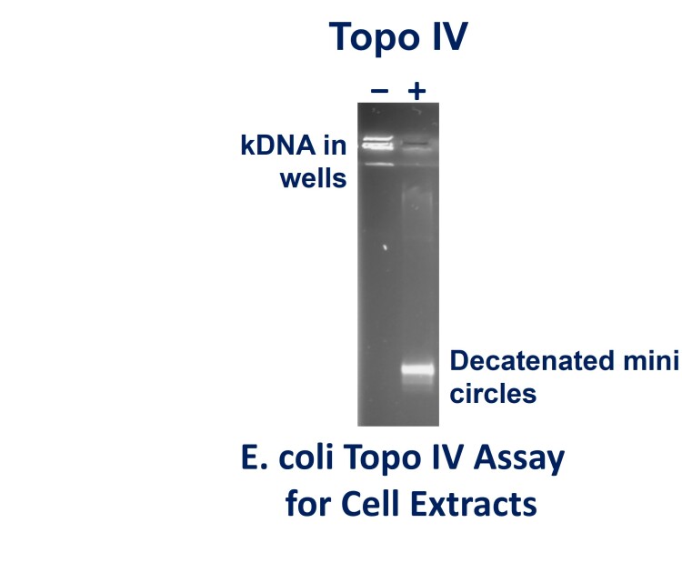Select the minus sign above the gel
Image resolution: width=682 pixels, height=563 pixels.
[379, 90]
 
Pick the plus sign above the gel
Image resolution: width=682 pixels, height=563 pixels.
[417, 90]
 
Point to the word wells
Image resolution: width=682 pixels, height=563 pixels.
[313, 177]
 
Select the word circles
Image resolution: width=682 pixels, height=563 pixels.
[493, 394]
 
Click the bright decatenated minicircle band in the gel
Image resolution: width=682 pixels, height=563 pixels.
[418, 369]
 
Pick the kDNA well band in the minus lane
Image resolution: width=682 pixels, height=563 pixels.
[378, 143]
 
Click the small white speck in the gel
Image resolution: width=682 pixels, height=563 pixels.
[386, 246]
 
